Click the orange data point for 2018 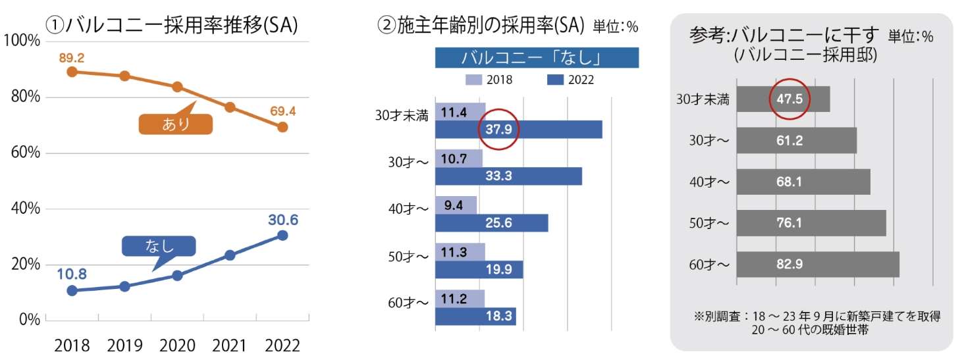pyautogui.click(x=72, y=71)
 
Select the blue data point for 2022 pyautogui.click(x=282, y=235)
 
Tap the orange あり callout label pyautogui.click(x=176, y=124)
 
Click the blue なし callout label pyautogui.click(x=159, y=246)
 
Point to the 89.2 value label pyautogui.click(x=72, y=58)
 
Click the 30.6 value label pyautogui.click(x=283, y=220)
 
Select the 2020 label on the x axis pyautogui.click(x=177, y=345)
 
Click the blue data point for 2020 pyautogui.click(x=177, y=275)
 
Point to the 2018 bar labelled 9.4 pyautogui.click(x=456, y=205)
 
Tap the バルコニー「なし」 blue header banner pyautogui.click(x=537, y=58)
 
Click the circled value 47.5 pyautogui.click(x=789, y=99)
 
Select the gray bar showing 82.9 pyautogui.click(x=817, y=264)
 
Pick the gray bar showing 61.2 pyautogui.click(x=796, y=140)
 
